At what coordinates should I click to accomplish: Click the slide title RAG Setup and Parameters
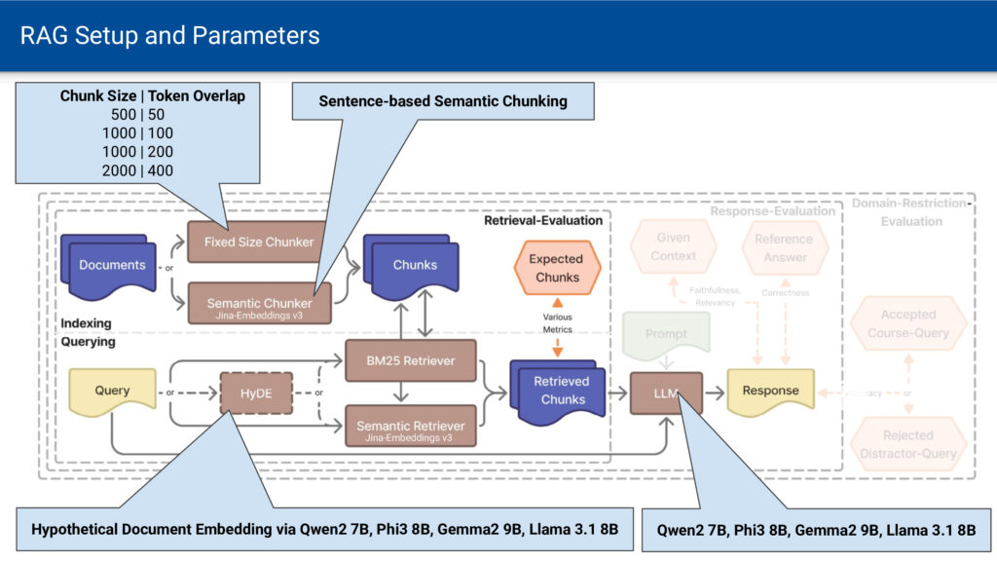coord(170,36)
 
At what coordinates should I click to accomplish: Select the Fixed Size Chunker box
coord(251,242)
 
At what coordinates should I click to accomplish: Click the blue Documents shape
coord(110,265)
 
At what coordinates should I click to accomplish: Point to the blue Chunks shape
coord(413,264)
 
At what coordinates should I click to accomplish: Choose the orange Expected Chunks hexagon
coord(556,267)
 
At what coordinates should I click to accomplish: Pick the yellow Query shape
coord(112,391)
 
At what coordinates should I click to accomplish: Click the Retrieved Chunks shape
coord(561,391)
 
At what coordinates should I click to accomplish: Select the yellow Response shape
coord(770,391)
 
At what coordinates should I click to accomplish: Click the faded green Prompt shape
coord(666,334)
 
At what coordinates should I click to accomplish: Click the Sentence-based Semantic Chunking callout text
coord(442,100)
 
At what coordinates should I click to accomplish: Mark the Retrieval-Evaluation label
coord(543,221)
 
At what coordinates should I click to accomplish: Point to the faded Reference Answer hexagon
coord(785,247)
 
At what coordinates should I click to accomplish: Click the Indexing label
coord(87,323)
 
